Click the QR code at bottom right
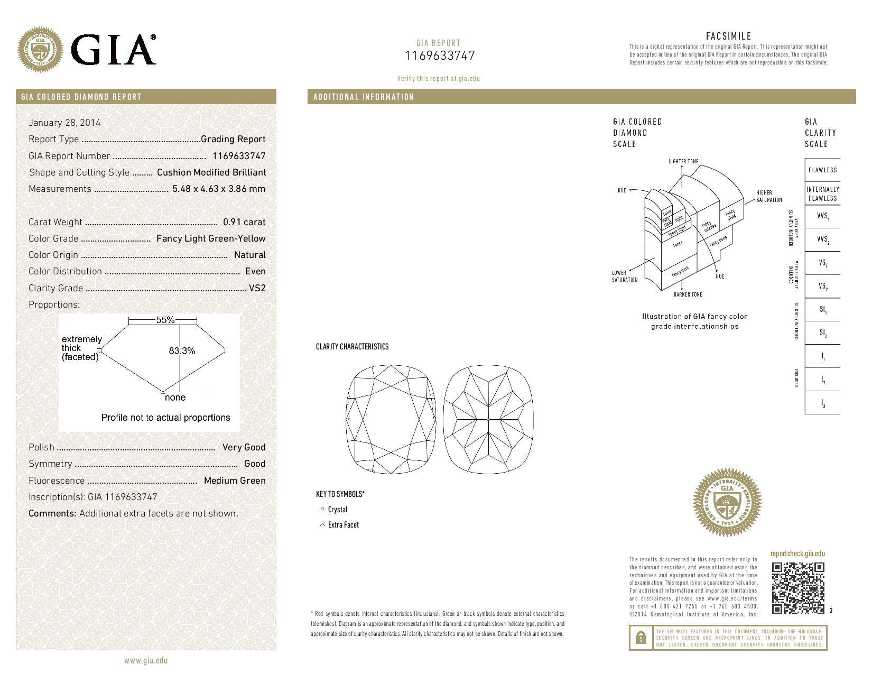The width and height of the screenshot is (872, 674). click(x=797, y=588)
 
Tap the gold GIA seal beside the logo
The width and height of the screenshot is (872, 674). click(x=40, y=51)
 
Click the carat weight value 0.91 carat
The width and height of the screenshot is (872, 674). click(x=244, y=222)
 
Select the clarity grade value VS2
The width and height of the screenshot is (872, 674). click(x=257, y=288)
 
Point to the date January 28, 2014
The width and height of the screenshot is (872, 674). click(x=64, y=123)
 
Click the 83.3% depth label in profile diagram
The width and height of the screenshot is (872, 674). click(x=182, y=350)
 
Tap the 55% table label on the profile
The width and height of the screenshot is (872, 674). click(x=165, y=320)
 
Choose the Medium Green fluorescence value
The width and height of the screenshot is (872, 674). click(x=235, y=481)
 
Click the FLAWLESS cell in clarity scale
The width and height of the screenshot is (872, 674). click(x=822, y=170)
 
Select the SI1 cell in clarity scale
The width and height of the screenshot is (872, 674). click(x=822, y=309)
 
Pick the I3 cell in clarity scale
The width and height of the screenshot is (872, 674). click(x=822, y=403)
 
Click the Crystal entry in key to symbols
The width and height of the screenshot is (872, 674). click(x=337, y=510)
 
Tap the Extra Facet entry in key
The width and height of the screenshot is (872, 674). click(x=343, y=525)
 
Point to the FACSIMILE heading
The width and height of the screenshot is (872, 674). click(x=728, y=36)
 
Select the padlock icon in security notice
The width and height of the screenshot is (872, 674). click(x=641, y=638)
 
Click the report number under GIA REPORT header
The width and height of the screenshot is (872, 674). click(x=440, y=56)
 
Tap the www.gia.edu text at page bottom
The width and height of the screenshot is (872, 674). click(x=146, y=660)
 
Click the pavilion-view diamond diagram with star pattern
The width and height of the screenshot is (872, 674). click(x=488, y=419)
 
